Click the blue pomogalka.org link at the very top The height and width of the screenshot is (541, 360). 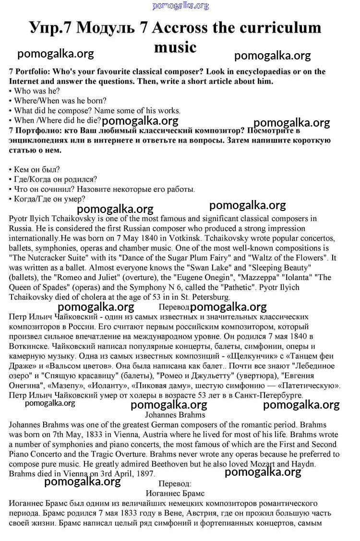click(x=180, y=6)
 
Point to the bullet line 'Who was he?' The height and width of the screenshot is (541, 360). click(x=36, y=91)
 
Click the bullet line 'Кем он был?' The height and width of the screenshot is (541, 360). click(x=36, y=169)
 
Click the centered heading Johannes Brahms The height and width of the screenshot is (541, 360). click(x=175, y=415)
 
